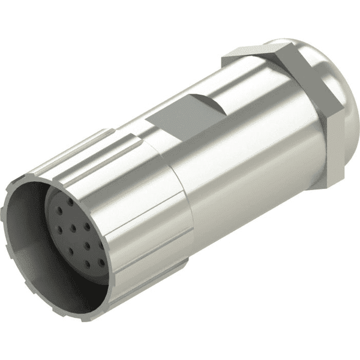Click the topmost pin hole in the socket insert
pyautogui.click(x=71, y=203)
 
